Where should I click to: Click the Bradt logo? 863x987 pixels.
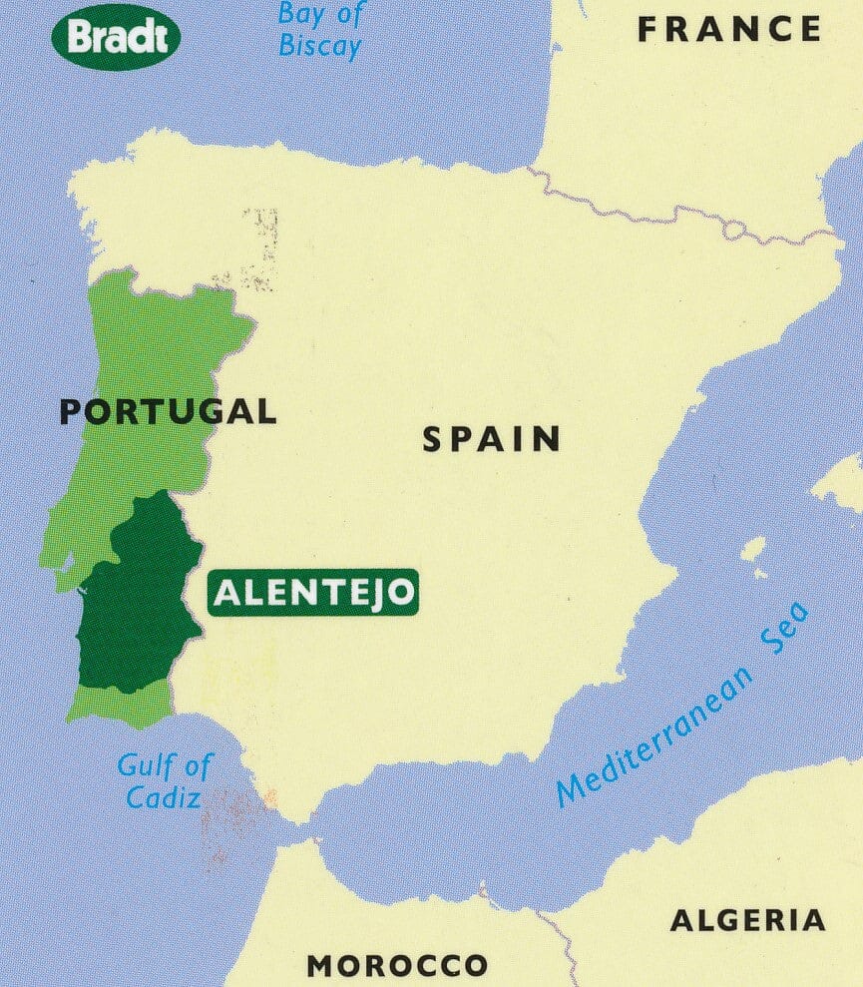coord(116,37)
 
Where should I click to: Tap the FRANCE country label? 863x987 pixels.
coord(729,30)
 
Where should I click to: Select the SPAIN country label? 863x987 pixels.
coord(491,439)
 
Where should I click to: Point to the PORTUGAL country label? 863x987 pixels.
coord(168,410)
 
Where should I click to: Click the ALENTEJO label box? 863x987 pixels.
coord(313,593)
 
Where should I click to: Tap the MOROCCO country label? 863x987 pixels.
coord(397,965)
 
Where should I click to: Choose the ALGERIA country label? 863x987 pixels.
coord(747,920)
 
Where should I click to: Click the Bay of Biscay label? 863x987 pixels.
coord(319,30)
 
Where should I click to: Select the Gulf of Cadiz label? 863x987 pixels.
coord(165,780)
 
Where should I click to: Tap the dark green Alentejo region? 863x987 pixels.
coord(135,609)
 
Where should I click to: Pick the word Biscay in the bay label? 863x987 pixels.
coord(319,46)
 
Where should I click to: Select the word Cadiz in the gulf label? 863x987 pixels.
coord(164,796)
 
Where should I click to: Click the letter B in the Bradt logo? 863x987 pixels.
coord(79,38)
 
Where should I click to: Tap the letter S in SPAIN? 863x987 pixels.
coord(432,440)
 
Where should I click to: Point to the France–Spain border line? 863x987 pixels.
coord(678,214)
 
